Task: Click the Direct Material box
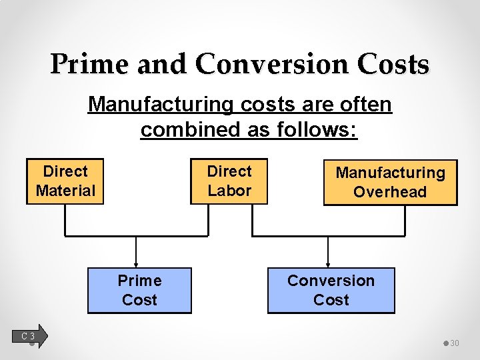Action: (x=65, y=181)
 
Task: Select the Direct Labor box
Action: (x=229, y=181)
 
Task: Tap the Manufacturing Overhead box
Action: (x=390, y=182)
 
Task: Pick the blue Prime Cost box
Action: (x=139, y=290)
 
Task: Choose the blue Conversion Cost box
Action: (x=331, y=290)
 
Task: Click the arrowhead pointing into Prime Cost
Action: (x=136, y=264)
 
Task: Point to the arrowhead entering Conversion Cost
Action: (x=327, y=264)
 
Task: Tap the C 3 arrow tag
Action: (x=31, y=336)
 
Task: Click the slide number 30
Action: (x=455, y=343)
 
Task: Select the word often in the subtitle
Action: (x=366, y=105)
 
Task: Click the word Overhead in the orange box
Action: (x=390, y=192)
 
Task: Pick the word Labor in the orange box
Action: (x=229, y=191)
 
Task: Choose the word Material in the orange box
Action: (x=65, y=191)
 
